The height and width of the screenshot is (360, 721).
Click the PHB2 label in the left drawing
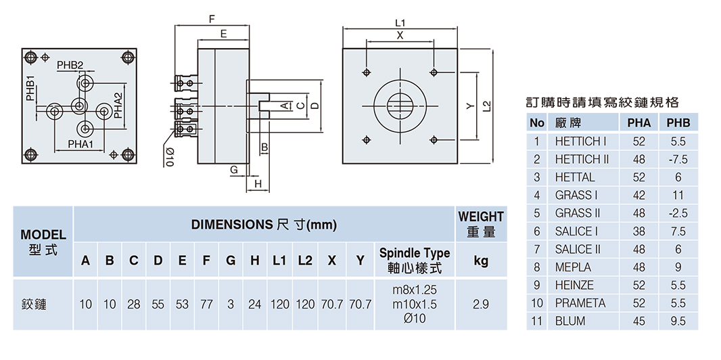pos(70,65)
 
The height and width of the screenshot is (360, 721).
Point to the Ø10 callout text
pos(169,157)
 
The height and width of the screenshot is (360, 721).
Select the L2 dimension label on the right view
pos(486,106)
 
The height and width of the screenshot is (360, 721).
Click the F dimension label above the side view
pos(212,18)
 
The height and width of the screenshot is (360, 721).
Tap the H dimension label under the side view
pos(258,184)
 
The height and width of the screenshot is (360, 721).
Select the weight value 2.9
pos(481,305)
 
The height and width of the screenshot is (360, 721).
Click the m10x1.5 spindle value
pos(414,305)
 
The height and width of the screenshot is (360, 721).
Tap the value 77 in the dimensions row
pos(206,305)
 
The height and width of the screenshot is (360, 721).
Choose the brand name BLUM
pos(570,321)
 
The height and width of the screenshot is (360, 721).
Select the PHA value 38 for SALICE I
pos(639,231)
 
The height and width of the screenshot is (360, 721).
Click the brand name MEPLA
pos(573,267)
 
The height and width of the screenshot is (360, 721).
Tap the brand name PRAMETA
pos(580,303)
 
